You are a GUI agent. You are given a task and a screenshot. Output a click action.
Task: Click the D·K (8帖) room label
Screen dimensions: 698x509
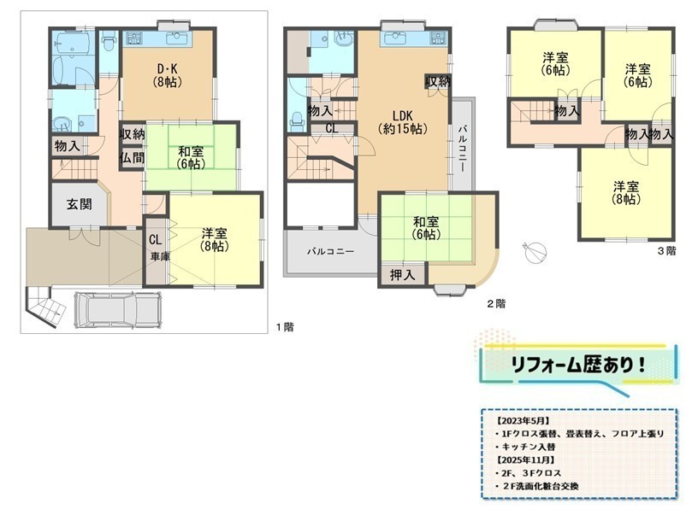tap(168, 75)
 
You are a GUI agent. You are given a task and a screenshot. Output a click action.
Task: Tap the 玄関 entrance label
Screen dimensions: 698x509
tap(80, 204)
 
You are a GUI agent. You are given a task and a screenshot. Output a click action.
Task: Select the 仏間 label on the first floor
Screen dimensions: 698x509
tap(132, 157)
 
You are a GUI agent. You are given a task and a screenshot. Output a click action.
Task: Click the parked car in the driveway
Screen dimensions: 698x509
tap(117, 309)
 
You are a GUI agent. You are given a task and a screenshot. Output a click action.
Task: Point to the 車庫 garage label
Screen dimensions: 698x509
tap(159, 256)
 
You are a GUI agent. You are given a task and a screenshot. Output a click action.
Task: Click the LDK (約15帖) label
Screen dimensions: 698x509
tap(403, 122)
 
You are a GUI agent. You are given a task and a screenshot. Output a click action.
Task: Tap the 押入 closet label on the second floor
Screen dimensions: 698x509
tap(402, 275)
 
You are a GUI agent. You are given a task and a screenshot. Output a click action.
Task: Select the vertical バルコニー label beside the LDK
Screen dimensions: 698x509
tap(462, 148)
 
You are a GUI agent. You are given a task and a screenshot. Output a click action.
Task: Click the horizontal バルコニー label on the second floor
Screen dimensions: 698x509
tap(331, 252)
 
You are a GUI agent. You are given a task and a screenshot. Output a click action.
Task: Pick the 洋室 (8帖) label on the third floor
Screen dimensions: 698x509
tap(626, 192)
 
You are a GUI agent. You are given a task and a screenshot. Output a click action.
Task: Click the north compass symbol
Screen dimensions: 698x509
tap(535, 252)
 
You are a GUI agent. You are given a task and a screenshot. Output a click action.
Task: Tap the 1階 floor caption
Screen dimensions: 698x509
tap(285, 327)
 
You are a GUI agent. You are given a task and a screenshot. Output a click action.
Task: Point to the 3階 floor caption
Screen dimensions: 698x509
tap(667, 251)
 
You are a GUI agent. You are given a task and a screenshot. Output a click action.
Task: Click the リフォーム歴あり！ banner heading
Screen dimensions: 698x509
tap(578, 365)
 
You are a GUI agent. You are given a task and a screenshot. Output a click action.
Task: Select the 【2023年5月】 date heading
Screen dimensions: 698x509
tap(523, 420)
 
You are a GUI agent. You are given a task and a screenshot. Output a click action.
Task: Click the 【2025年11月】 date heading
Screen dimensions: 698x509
tap(525, 459)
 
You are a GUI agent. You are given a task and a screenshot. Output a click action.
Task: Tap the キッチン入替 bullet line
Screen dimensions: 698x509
tap(525, 447)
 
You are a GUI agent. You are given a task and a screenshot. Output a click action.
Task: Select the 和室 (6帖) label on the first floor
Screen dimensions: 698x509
tap(191, 157)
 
